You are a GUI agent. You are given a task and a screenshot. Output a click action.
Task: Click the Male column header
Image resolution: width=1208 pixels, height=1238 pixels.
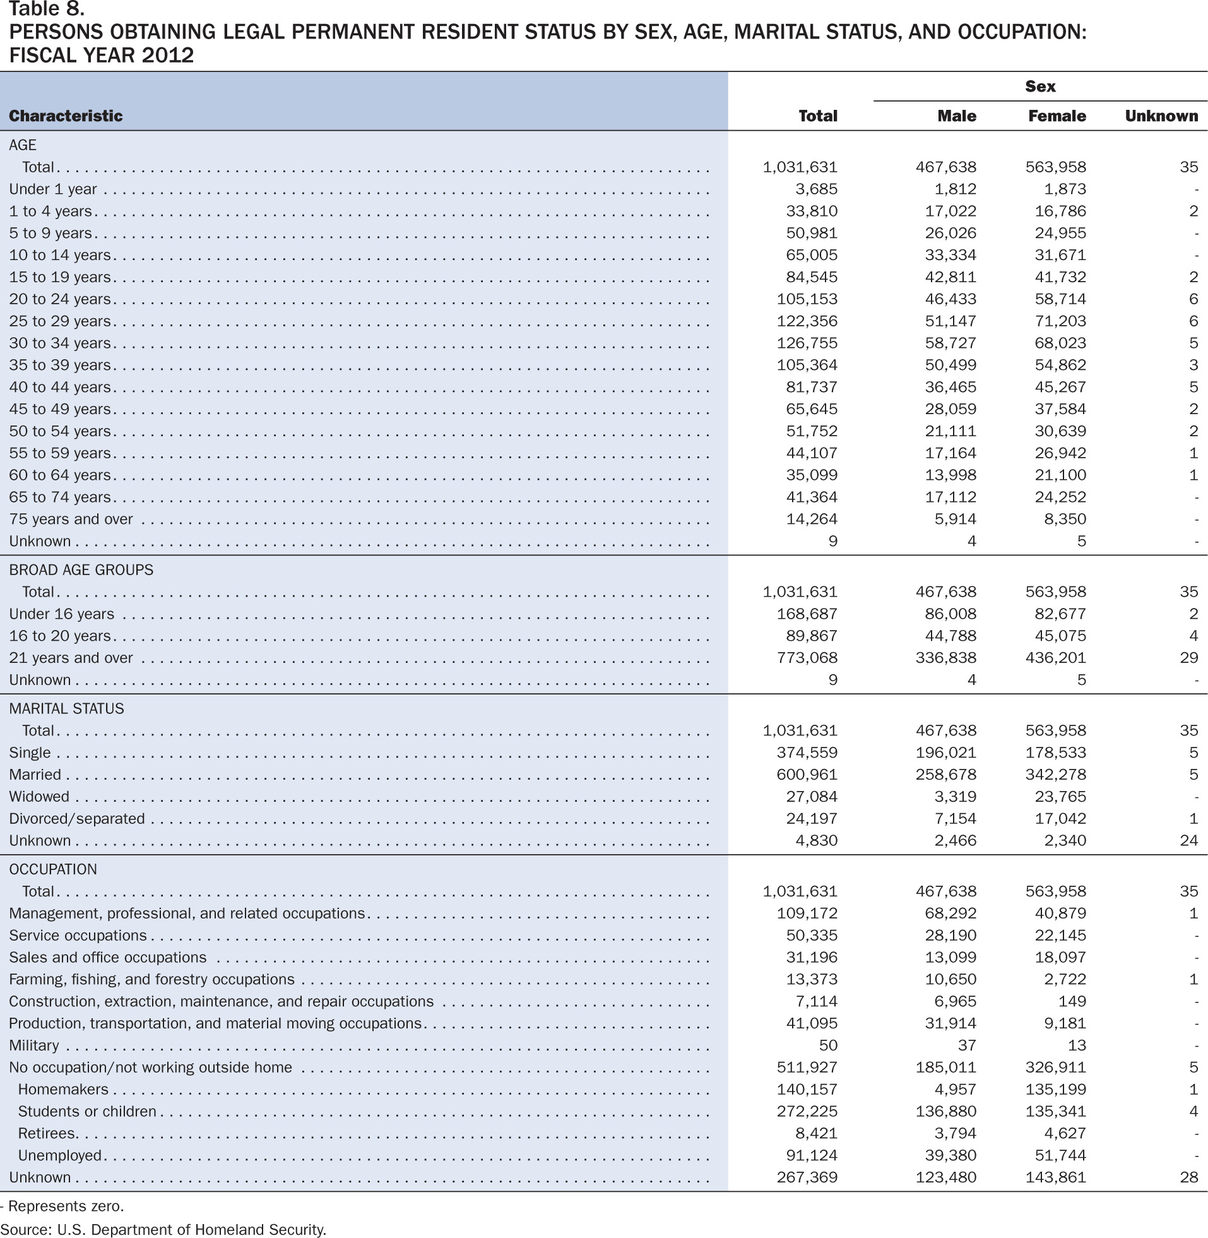pos(957,116)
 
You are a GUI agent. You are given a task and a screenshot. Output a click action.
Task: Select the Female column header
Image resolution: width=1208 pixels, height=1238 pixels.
pos(1057,116)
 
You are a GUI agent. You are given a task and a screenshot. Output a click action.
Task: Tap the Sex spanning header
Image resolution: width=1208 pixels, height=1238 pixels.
pos(1041,86)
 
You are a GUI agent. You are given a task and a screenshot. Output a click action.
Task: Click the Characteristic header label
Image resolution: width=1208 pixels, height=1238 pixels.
pos(66,116)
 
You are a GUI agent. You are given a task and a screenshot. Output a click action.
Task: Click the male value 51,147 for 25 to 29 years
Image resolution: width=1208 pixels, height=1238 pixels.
pos(950,321)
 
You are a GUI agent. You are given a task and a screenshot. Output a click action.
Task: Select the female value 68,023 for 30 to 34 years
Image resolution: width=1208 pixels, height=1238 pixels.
pos(1060,343)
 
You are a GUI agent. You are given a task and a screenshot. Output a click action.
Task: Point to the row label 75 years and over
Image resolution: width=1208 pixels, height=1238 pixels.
pos(71,519)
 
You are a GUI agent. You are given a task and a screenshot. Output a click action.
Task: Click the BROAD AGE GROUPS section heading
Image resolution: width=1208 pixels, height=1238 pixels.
pos(81,570)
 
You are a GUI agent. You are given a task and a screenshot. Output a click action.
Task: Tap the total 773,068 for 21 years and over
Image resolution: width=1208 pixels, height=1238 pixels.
pos(807,658)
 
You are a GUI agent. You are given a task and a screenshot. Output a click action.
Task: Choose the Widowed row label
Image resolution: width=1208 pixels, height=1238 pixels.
pos(39,796)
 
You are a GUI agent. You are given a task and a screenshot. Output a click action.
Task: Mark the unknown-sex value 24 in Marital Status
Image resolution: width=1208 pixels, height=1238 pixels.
pos(1189,841)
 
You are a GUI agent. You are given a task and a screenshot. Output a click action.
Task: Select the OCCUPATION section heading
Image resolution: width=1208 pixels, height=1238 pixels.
pos(53,869)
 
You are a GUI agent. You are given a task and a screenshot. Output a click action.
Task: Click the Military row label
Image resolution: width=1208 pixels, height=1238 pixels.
pos(34,1045)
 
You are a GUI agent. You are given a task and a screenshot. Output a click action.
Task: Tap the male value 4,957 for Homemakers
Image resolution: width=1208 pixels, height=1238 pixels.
pos(956,1090)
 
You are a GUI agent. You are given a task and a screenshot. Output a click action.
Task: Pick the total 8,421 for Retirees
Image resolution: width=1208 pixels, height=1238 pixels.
pos(816,1133)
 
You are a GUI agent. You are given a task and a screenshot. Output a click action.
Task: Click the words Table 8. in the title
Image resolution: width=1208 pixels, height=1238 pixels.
pos(47,9)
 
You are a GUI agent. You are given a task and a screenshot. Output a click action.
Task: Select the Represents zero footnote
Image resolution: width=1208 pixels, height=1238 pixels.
pos(62,1206)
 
